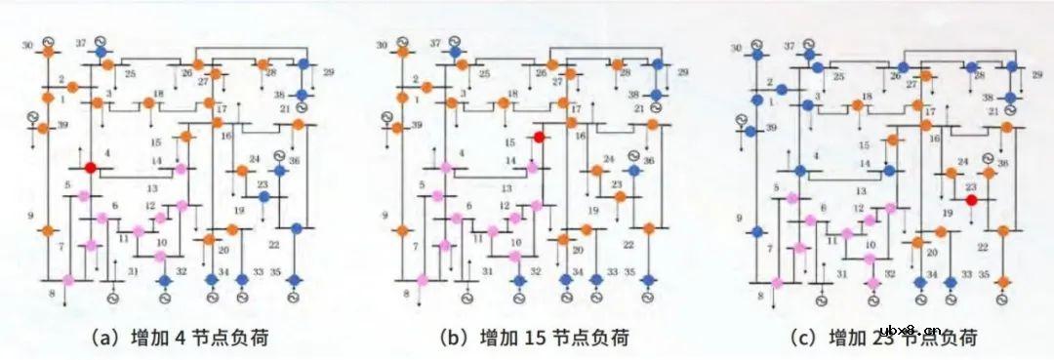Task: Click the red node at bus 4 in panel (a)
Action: [91, 168]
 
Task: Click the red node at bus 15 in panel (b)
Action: [539, 139]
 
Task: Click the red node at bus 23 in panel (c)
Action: [971, 200]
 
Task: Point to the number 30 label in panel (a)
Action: [27, 45]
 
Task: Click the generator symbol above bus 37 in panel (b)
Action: [454, 43]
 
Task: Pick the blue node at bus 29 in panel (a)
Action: [304, 63]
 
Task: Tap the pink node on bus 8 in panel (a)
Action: [68, 281]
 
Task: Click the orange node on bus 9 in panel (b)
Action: [401, 231]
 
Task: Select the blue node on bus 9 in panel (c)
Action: [757, 231]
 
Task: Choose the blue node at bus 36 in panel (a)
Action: [279, 170]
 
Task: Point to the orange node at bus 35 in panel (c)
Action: [1003, 281]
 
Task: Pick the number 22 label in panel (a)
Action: [273, 244]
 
